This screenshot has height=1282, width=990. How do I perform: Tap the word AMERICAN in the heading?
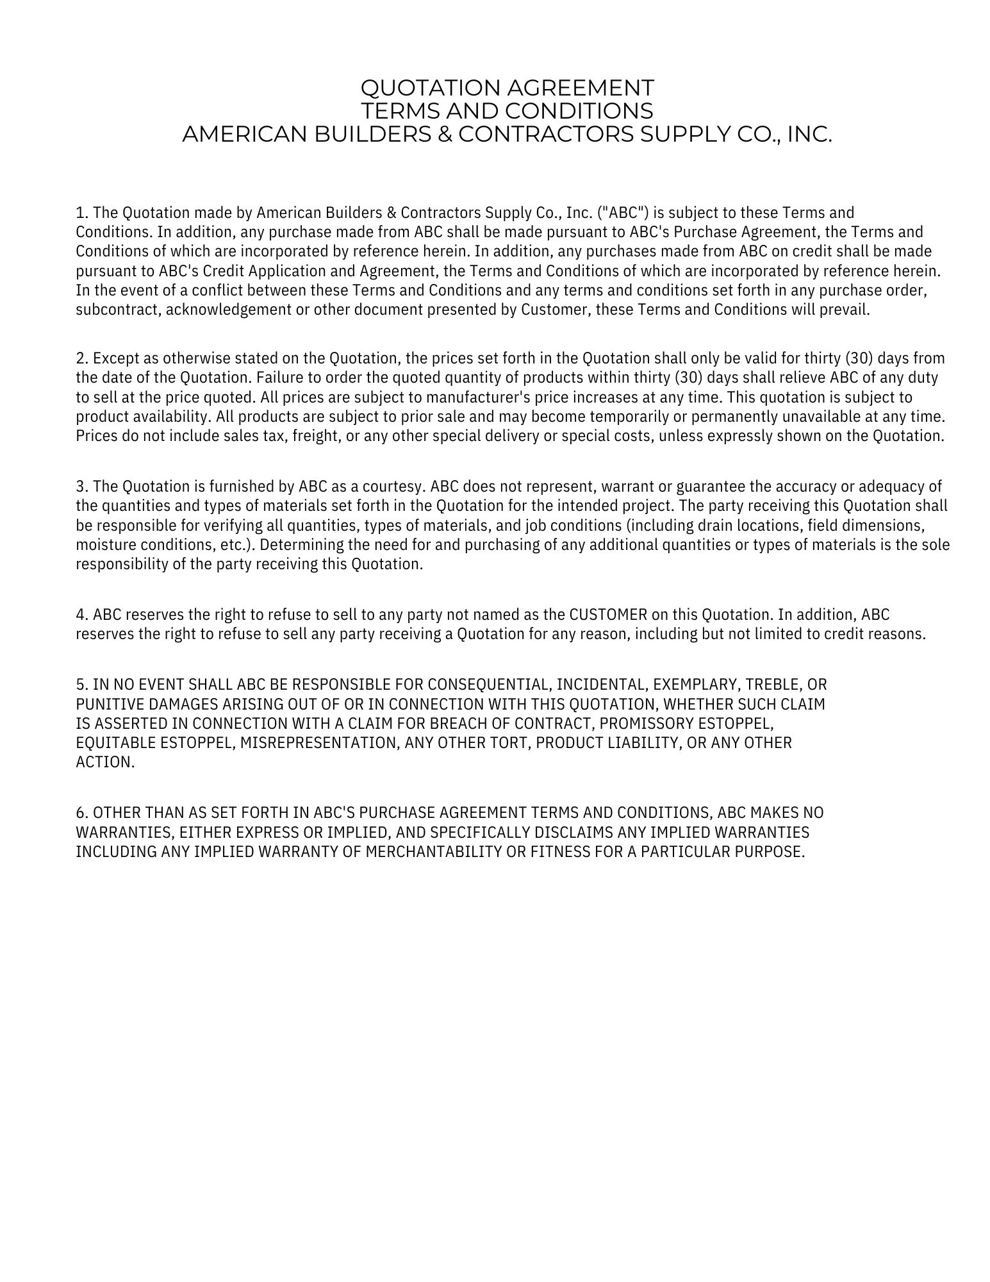[x=238, y=135]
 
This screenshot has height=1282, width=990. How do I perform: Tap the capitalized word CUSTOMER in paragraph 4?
[x=608, y=615]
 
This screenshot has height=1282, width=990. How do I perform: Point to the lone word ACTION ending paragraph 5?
[x=104, y=762]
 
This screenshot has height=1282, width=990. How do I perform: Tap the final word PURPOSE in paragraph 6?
[x=776, y=852]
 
